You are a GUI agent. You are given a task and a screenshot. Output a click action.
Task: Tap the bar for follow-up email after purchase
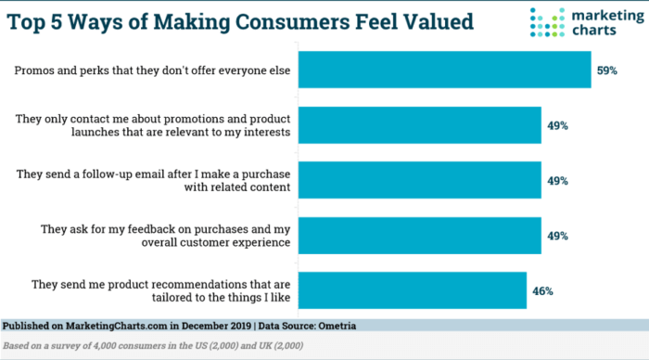(422, 182)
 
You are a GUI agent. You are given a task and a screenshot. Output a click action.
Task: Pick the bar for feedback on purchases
(422, 236)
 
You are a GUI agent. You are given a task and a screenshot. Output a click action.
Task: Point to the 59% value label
(607, 70)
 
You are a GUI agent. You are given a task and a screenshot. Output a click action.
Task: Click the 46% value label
(542, 290)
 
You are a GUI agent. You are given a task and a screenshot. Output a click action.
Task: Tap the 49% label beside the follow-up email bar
(558, 182)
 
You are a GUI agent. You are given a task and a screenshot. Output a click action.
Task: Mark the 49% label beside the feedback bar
(558, 236)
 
